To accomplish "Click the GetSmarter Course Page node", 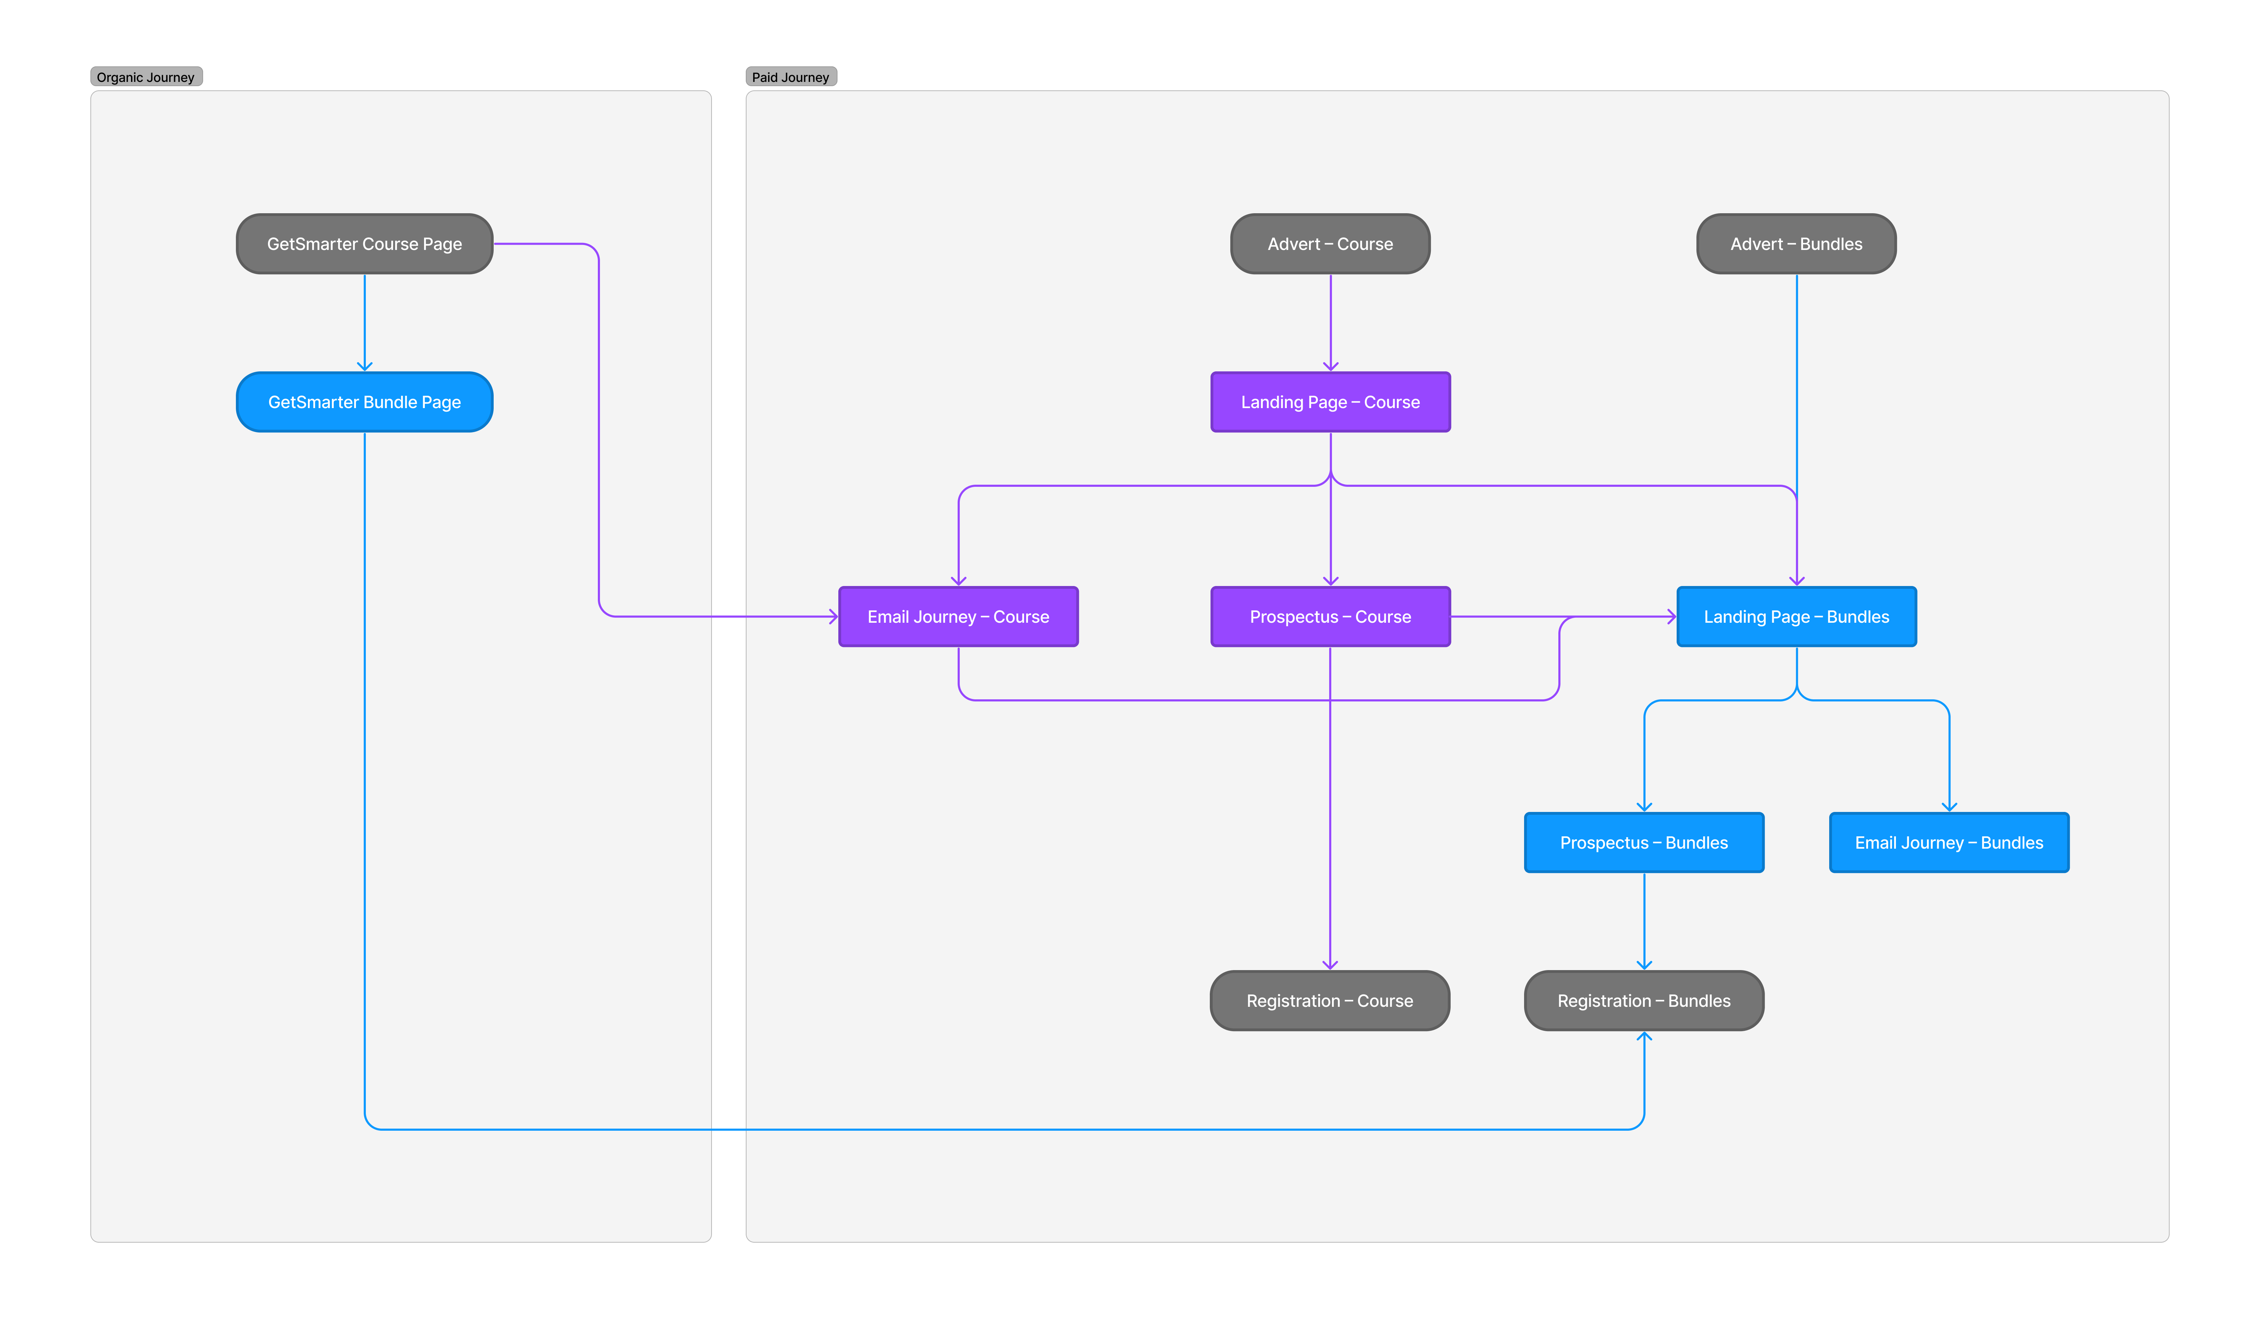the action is (365, 244).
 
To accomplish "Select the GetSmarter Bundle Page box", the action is (365, 401).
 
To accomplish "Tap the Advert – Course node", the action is (1330, 244).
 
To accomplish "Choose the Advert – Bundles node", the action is (1796, 244).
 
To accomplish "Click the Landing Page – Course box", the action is (1330, 401).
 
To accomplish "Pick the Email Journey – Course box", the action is (958, 616).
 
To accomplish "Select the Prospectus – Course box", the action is (1330, 616).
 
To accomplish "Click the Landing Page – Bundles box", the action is (1796, 616).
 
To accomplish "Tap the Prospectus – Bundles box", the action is (1644, 843).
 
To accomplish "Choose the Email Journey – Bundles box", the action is (1949, 843).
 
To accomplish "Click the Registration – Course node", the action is (1330, 1001).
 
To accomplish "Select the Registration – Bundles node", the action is (1644, 1001).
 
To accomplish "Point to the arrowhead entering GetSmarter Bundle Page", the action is (365, 366).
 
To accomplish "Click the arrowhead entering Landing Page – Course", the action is (1330, 366).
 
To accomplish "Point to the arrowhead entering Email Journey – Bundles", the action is (1949, 807).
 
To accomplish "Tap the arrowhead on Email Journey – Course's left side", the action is (834, 616).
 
